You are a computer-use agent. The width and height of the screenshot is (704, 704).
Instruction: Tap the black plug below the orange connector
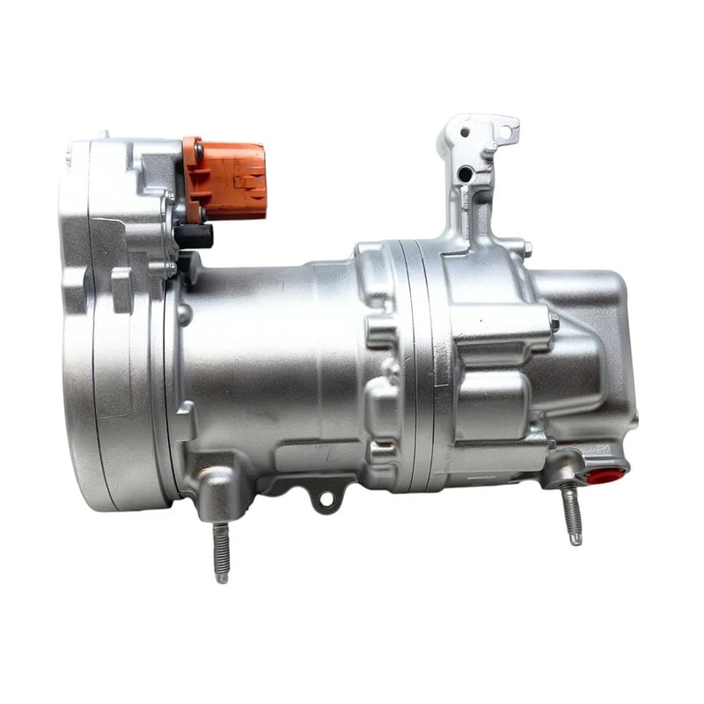(193, 235)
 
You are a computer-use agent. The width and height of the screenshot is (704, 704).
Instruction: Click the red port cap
(605, 476)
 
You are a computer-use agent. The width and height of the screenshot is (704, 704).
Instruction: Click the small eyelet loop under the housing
(326, 499)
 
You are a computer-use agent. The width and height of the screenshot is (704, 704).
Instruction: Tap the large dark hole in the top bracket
(464, 174)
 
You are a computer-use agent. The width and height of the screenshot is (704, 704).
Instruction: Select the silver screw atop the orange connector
(200, 149)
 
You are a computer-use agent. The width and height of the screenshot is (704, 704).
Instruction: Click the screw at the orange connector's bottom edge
(202, 210)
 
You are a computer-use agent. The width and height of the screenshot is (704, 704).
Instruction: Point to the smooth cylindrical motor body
(264, 352)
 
